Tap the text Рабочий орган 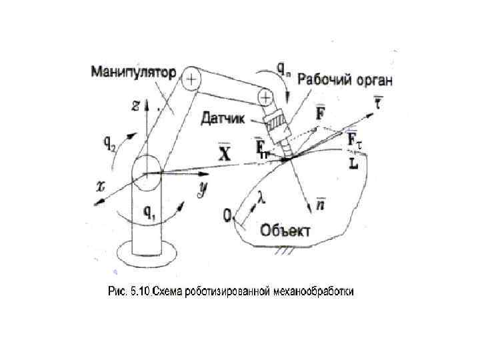click(345, 80)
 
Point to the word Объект click(286, 231)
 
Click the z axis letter click(135, 105)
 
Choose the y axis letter click(201, 189)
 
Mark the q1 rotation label click(151, 213)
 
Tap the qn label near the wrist click(283, 67)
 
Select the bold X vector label click(225, 153)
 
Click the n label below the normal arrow click(321, 205)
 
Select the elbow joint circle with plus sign click(191, 79)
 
